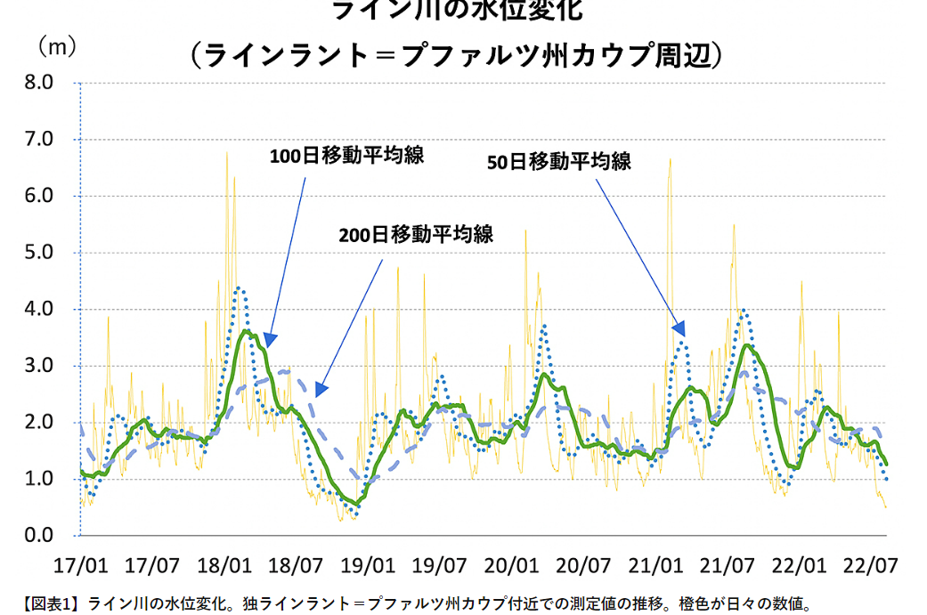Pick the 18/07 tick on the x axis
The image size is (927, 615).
pos(295,565)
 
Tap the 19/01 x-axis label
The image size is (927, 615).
pos(367,565)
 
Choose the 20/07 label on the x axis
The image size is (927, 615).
pos(582,565)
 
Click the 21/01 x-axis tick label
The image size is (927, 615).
pos(655,565)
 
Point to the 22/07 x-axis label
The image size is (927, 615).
pos(870,565)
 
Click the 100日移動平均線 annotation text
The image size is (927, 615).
pos(346,156)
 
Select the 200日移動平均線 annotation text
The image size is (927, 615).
pos(416,235)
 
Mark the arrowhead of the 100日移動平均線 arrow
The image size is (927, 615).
pos(270,340)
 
